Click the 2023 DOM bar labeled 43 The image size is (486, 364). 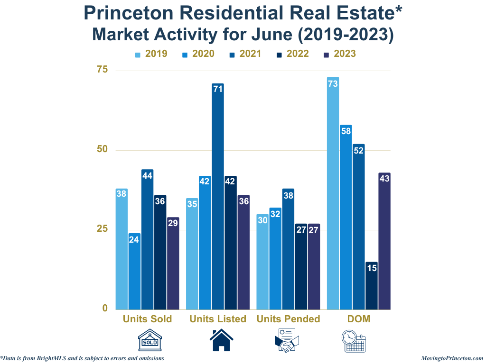[384, 241]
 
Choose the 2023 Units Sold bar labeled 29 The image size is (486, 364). [173, 264]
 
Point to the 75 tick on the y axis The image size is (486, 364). [103, 70]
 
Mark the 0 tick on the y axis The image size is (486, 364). [105, 309]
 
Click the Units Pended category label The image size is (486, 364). [288, 319]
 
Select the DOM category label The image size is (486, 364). [359, 319]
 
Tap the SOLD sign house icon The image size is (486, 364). [150, 341]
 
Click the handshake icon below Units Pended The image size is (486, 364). [287, 341]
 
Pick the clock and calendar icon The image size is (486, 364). [354, 341]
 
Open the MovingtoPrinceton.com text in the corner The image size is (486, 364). [452, 358]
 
